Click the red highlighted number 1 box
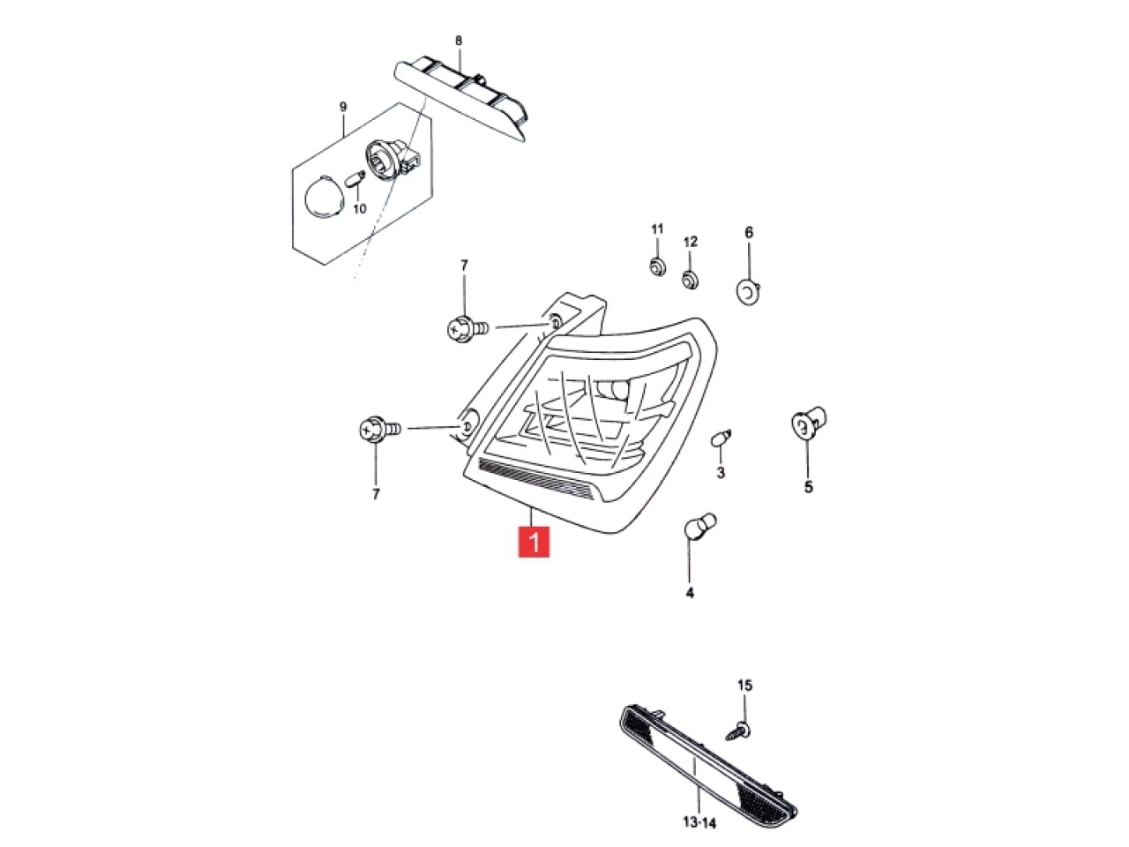click(x=534, y=542)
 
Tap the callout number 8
click(x=459, y=41)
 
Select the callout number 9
click(x=343, y=108)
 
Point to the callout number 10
click(x=360, y=209)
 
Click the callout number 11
click(x=657, y=229)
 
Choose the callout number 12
click(x=691, y=241)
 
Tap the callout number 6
click(x=749, y=232)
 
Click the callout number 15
click(x=744, y=686)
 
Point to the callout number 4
click(x=690, y=593)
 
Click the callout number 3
click(x=721, y=472)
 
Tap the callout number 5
click(x=809, y=486)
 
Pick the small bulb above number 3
click(x=721, y=438)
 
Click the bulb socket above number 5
click(x=808, y=423)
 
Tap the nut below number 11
click(x=656, y=267)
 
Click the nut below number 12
click(x=691, y=281)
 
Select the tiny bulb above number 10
click(x=355, y=181)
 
